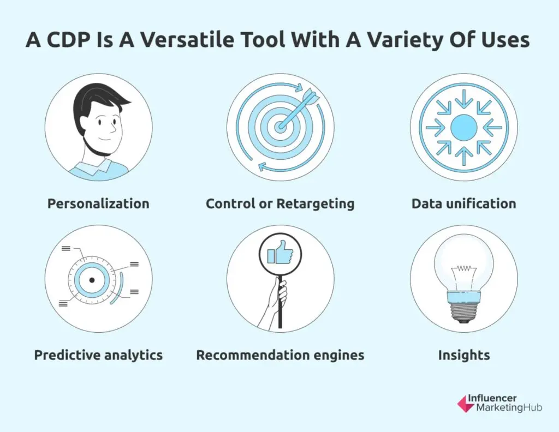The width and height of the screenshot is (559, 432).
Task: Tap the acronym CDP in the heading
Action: click(x=68, y=39)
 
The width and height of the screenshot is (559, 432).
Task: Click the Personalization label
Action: click(x=98, y=203)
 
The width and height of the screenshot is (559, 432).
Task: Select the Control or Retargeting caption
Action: click(x=280, y=203)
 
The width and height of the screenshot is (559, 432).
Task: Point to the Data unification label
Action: click(x=464, y=203)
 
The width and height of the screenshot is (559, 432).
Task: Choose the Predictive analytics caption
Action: click(x=98, y=355)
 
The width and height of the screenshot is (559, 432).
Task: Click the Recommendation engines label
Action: click(x=280, y=355)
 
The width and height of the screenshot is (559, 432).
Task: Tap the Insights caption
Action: click(x=464, y=355)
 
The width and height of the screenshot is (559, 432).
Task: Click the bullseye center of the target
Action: click(x=280, y=127)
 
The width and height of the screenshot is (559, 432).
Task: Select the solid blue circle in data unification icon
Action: click(x=464, y=128)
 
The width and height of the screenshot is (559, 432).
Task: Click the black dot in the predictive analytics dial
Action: click(x=92, y=280)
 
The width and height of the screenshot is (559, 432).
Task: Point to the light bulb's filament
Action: click(x=463, y=268)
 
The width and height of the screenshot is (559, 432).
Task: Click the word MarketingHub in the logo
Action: click(x=509, y=408)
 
